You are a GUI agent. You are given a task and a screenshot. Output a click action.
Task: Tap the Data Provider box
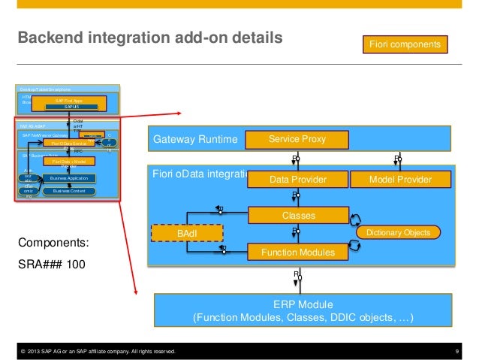point(297,180)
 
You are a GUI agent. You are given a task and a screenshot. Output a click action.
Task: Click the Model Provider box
point(400,180)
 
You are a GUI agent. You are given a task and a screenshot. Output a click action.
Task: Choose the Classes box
point(297,216)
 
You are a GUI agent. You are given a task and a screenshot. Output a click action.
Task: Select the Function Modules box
point(297,253)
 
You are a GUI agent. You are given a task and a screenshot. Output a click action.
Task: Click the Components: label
point(55,244)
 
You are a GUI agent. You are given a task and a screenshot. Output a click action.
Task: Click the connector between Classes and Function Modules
point(297,234)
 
